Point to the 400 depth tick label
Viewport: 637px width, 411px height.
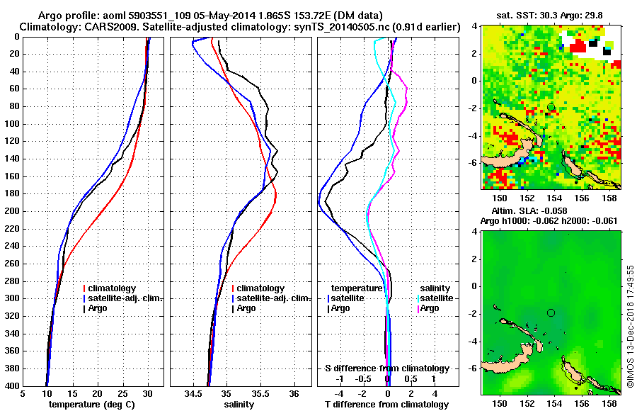tap(13, 386)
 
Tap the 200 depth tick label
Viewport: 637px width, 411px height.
tap(13, 211)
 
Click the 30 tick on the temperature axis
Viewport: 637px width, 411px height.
tap(147, 393)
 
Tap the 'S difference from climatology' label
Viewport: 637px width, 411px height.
tap(387, 368)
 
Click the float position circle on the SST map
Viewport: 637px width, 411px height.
tap(551, 107)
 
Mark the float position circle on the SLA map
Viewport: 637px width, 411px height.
tap(551, 313)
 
